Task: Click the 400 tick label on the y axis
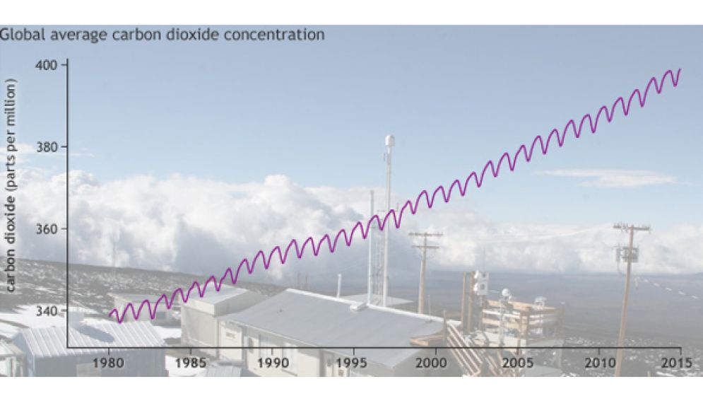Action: tap(46, 66)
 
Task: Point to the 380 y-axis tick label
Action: tap(46, 147)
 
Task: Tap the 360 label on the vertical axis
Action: tap(46, 229)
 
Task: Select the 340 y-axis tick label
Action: tap(46, 310)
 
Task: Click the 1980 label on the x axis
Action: tap(108, 363)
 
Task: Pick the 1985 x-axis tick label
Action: tap(190, 363)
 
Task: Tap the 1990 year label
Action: tap(273, 363)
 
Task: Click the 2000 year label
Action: tap(431, 363)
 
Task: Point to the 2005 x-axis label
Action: tap(518, 363)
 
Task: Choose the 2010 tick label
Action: tap(600, 363)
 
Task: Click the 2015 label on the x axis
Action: tap(677, 363)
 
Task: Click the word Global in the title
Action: tap(22, 35)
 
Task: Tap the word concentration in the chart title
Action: tap(273, 35)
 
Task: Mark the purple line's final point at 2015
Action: tap(680, 69)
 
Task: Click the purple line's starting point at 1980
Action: tap(110, 315)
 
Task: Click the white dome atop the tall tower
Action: tap(389, 140)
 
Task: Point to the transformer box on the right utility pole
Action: tap(627, 254)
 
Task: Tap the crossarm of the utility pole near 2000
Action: tap(425, 234)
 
